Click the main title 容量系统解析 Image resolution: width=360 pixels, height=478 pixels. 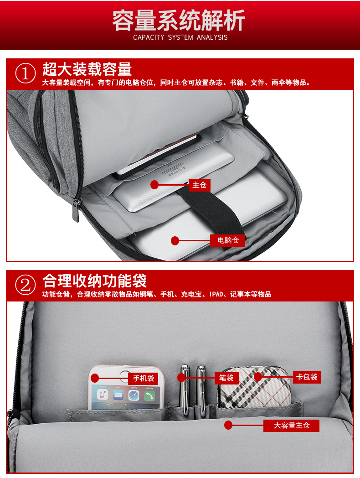179,20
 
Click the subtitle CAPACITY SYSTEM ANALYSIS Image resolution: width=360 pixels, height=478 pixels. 180,37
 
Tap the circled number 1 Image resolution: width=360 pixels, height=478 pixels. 25,73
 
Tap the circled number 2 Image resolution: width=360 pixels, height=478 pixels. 25,285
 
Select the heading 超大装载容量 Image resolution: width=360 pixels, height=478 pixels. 87,69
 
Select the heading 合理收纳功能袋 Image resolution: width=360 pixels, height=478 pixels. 94,281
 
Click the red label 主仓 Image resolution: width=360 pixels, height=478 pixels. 200,185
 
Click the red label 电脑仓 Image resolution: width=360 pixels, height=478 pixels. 228,240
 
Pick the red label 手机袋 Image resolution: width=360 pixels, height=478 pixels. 143,378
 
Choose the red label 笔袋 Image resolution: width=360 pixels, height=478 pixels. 226,378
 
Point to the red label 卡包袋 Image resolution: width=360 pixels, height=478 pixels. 307,377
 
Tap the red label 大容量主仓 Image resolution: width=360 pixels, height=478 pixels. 292,426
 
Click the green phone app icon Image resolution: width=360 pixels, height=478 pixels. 149,396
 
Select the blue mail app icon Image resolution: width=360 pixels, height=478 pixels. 118,395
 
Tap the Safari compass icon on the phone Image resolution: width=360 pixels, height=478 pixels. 134,395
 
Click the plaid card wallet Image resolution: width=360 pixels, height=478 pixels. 254,387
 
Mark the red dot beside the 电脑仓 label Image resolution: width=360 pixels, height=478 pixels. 175,241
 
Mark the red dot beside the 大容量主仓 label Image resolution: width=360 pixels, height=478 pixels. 228,425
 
